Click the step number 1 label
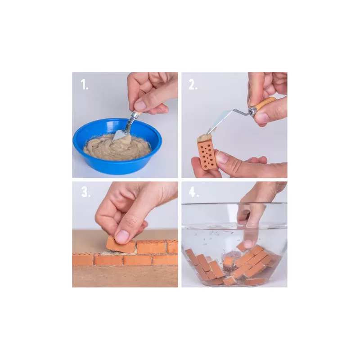(x=85, y=85)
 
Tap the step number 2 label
(x=193, y=85)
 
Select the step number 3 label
(x=86, y=192)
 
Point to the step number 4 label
(x=194, y=192)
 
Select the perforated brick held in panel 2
(x=207, y=154)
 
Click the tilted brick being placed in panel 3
(x=121, y=244)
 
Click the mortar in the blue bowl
(x=117, y=148)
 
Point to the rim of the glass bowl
(x=234, y=204)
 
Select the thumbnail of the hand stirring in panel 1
(x=139, y=105)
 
